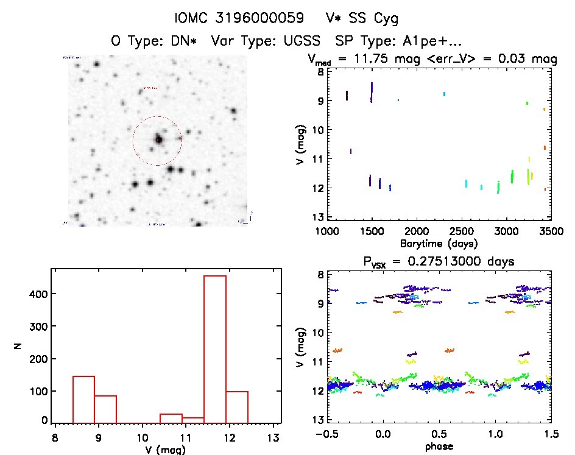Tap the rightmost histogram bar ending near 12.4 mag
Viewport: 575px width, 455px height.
(237, 406)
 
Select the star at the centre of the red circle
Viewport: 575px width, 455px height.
(158, 139)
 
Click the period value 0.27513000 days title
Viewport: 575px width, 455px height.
(466, 261)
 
